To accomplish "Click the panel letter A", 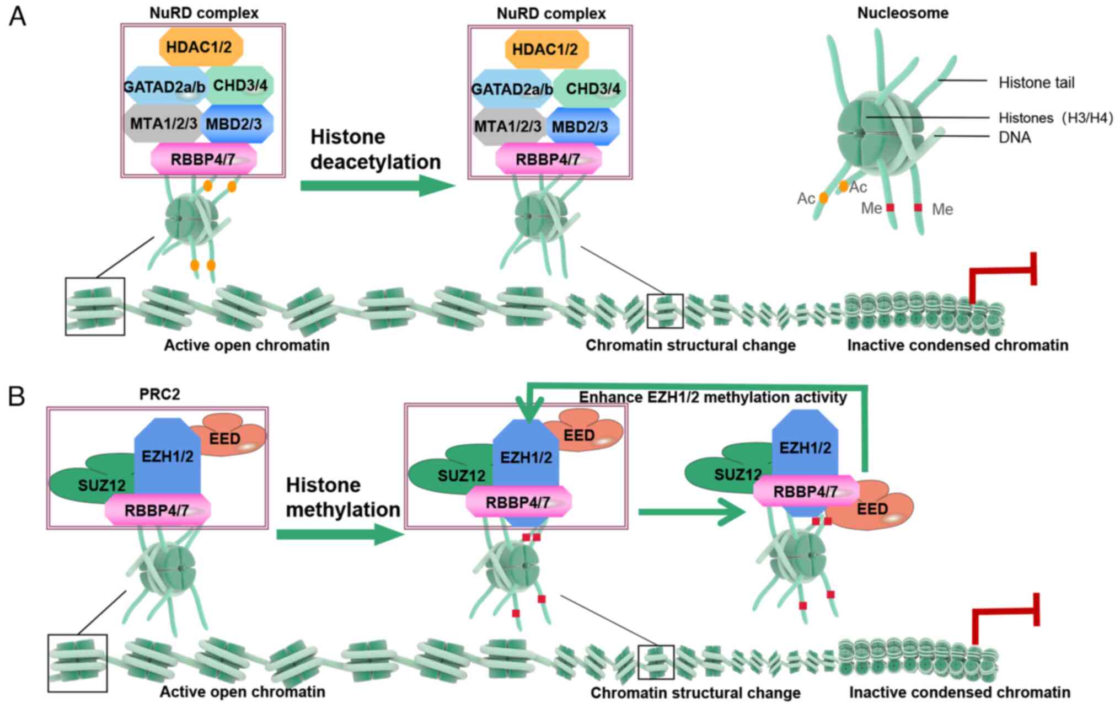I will tap(17, 17).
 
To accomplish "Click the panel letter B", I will tap(17, 396).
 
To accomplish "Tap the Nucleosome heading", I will tap(903, 13).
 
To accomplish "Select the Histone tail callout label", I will tap(1036, 83).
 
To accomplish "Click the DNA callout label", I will tap(1015, 137).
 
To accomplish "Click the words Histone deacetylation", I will tap(375, 149).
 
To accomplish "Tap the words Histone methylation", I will tap(342, 497).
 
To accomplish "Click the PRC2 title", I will tap(159, 395).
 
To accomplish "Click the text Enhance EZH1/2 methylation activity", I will tap(712, 397).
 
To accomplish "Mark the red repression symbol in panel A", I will tap(1004, 273).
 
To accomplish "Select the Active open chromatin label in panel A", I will tap(246, 345).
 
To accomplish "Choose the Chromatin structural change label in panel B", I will tap(695, 693).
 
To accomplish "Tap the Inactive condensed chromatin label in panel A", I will tap(957, 345).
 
